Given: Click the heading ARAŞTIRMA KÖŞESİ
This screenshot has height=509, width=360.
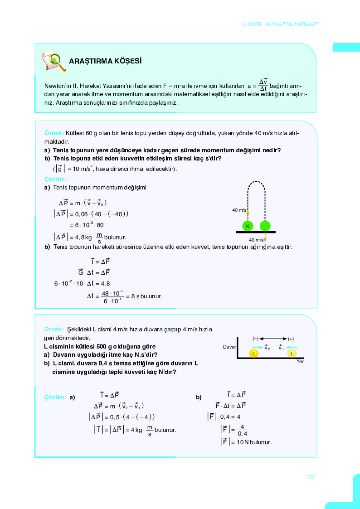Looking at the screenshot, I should pyautogui.click(x=105, y=61).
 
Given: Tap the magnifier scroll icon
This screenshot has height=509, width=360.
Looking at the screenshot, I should pyautogui.click(x=54, y=61).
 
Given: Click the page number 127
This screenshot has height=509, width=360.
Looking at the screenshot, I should pyautogui.click(x=310, y=477).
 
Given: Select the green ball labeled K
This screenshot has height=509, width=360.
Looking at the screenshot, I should pyautogui.click(x=248, y=226).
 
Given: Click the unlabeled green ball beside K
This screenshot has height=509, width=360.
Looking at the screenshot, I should pyautogui.click(x=265, y=226).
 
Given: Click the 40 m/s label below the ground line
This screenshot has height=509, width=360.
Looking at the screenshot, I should pyautogui.click(x=256, y=240).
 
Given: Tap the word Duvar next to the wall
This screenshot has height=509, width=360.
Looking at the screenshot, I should pyautogui.click(x=230, y=347).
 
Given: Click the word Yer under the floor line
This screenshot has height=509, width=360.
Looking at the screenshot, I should pyautogui.click(x=300, y=361).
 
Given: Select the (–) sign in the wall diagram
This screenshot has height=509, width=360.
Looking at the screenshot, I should pyautogui.click(x=255, y=339).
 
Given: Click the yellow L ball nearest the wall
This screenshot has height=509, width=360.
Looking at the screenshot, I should pyautogui.click(x=254, y=353).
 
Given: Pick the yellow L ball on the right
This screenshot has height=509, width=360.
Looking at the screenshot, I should pyautogui.click(x=292, y=353).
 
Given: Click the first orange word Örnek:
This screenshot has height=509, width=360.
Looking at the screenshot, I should pyautogui.click(x=54, y=133).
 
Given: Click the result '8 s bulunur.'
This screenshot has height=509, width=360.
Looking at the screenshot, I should pyautogui.click(x=146, y=297).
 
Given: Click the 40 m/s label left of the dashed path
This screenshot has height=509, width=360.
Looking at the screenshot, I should pyautogui.click(x=239, y=210).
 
